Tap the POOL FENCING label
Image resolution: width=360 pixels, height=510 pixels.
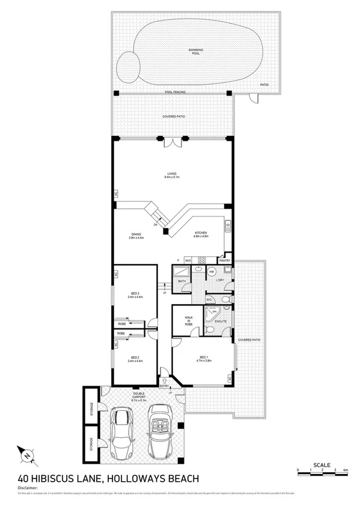coord(175,92)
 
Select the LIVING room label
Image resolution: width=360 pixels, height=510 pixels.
coord(172,176)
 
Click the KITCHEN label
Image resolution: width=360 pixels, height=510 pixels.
coord(200,235)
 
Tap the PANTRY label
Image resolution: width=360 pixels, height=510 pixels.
coord(225,260)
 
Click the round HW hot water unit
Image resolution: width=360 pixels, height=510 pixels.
coord(212,272)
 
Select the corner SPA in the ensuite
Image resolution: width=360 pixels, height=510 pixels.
coord(210,313)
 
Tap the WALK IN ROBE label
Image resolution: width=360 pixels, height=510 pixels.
coord(188,319)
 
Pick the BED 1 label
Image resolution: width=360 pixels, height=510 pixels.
coord(203,360)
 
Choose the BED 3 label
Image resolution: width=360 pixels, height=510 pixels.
coord(135,295)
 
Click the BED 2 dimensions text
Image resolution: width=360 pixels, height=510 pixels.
coord(135,361)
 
